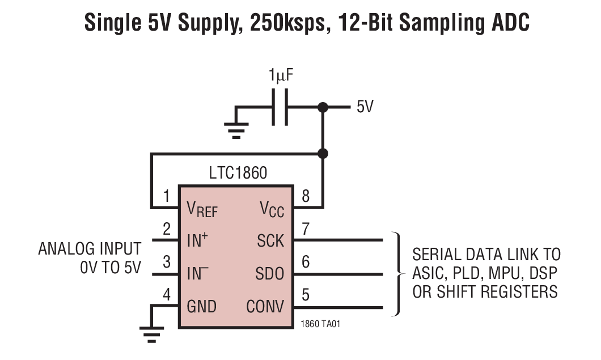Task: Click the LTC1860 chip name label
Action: coord(237,173)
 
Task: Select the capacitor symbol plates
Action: coord(280,107)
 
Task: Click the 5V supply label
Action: coord(365,107)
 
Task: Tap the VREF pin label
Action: coord(202,210)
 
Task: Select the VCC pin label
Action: coord(272,210)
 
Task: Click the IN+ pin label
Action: coord(197,240)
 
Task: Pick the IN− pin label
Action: coord(197,274)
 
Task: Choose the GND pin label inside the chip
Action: coord(202,307)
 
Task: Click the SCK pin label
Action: coord(270,241)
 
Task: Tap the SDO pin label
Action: coord(270,274)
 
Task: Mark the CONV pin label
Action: coord(265,307)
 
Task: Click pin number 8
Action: coord(306,197)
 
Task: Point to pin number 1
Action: coord(166,197)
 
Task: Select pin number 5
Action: coord(306,295)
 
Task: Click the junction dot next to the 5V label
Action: coord(323,107)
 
